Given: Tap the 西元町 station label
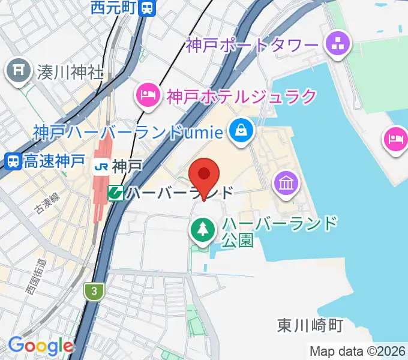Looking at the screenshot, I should (115, 8).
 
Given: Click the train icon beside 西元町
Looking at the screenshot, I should (147, 8).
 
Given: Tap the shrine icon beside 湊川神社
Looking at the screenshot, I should (18, 72).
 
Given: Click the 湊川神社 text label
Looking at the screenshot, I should (69, 73).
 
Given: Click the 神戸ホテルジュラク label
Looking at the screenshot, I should (241, 95).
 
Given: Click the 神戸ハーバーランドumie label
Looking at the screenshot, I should (129, 131).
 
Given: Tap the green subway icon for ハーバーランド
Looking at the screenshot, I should (116, 193).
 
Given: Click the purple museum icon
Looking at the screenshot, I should (286, 182).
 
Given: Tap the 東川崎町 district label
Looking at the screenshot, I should (310, 325).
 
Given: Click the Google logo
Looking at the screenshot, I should (40, 346).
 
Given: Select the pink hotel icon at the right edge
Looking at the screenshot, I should (395, 140).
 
